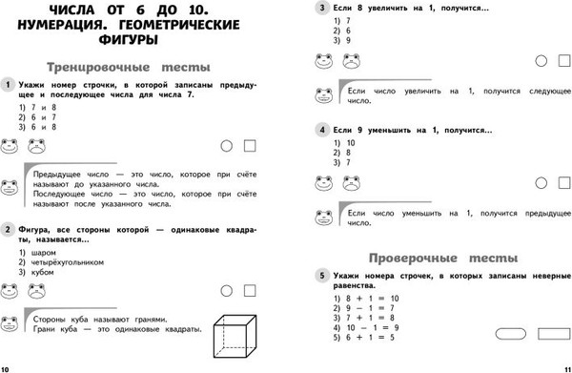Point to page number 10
tap(7, 366)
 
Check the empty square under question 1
tap(251, 146)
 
